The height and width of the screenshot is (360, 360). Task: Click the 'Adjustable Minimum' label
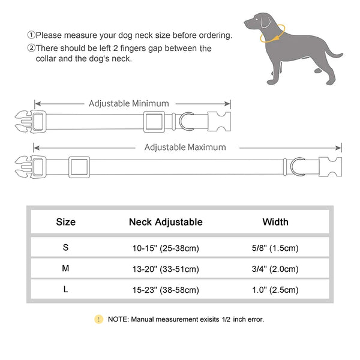click(129, 104)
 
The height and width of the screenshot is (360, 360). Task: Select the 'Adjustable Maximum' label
click(185, 147)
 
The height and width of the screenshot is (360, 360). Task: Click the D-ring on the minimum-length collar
click(187, 120)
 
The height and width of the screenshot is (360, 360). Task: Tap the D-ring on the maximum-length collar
click(298, 164)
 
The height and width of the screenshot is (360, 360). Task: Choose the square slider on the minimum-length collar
click(155, 121)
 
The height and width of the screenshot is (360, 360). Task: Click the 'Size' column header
click(66, 222)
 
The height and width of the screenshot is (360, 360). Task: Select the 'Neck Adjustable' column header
click(166, 222)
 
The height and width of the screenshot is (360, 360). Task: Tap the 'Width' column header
click(275, 222)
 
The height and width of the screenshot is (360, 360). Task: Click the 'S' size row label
click(65, 247)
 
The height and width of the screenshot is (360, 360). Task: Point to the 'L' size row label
click(65, 290)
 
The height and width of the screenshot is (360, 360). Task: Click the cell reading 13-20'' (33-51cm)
click(166, 269)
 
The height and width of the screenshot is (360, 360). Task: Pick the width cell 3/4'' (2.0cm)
click(275, 269)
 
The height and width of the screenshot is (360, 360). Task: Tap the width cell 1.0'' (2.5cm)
click(275, 290)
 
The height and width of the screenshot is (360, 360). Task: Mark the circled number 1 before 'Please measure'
click(31, 35)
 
